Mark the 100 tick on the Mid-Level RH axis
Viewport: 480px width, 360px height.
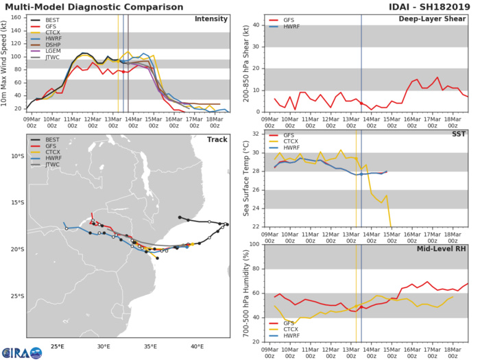coord(254,244)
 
